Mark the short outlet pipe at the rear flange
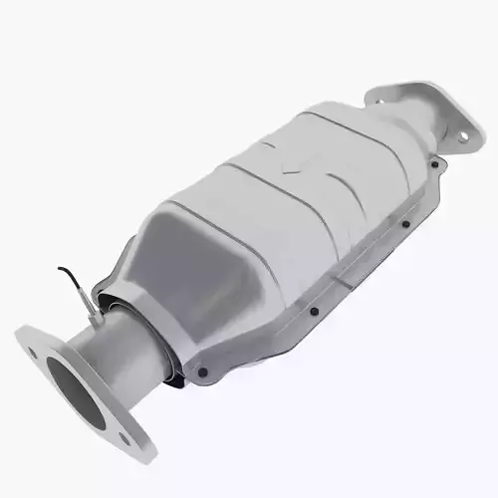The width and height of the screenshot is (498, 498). click(423, 139)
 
